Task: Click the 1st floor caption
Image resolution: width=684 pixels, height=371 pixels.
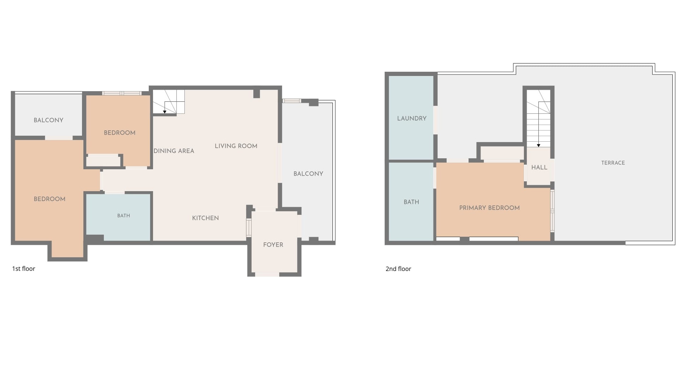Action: point(24,269)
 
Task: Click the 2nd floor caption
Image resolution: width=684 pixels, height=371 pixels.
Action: point(398,269)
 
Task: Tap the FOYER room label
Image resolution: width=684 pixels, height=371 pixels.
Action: point(273,245)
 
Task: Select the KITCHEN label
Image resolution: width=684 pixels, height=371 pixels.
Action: point(205,218)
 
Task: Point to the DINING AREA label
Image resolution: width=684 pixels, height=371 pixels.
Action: point(174,151)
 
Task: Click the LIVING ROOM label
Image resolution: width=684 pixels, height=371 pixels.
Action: point(236,146)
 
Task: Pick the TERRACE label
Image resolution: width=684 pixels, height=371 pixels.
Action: point(613,163)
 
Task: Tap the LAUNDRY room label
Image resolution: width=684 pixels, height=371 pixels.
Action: point(412,118)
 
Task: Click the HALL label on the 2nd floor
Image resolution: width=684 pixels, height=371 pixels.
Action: point(539,167)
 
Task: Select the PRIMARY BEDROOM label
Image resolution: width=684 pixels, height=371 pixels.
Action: point(489,208)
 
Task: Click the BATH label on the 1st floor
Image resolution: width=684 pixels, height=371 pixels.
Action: point(124,216)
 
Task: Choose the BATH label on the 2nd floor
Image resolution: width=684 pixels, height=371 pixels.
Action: point(411,202)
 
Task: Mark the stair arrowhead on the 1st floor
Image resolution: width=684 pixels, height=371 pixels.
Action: point(165,112)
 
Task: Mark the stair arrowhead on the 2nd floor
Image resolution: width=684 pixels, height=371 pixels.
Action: point(538,146)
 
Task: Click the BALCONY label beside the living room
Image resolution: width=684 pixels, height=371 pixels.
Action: point(308,174)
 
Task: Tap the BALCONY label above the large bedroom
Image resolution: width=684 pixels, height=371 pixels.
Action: point(48,120)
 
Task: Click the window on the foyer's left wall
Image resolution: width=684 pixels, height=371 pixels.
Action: point(249,228)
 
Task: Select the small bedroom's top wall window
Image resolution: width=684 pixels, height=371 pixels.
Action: point(122,93)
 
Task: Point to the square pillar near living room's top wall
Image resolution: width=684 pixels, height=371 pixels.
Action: point(257,94)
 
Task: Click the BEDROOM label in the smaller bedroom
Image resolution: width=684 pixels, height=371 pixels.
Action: point(119,133)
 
